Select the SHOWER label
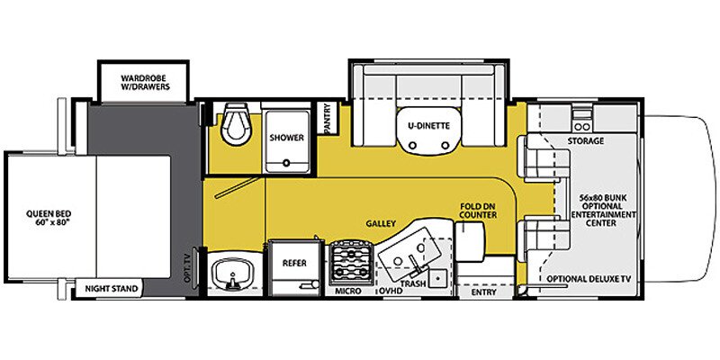click(x=286, y=138)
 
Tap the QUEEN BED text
click(x=42, y=219)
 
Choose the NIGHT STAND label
click(x=112, y=290)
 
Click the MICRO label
click(x=348, y=292)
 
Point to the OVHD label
click(x=390, y=292)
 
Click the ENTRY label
click(x=483, y=292)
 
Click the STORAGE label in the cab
click(x=585, y=141)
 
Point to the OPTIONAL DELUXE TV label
click(x=589, y=279)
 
